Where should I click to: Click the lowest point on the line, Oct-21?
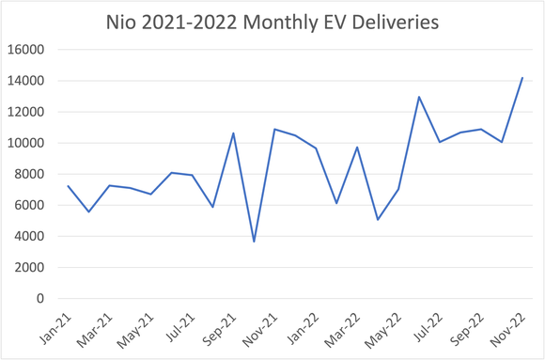(x=254, y=242)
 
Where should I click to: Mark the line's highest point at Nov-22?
(x=522, y=78)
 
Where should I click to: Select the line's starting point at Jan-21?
(x=69, y=186)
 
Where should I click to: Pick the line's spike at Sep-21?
(x=233, y=133)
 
